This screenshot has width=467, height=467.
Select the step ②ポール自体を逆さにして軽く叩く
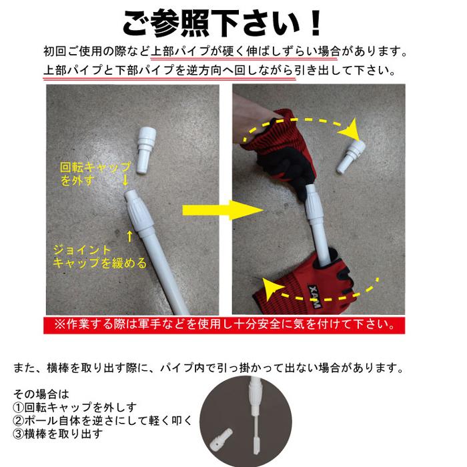point(102,420)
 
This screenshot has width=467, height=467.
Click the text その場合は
point(41,394)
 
